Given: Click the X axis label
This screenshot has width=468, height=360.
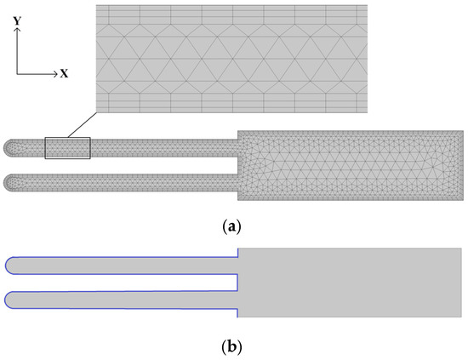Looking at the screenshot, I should click(64, 74).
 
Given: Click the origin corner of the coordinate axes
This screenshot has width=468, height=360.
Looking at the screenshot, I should click(17, 74).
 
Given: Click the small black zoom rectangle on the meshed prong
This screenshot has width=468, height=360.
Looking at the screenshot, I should click(67, 147).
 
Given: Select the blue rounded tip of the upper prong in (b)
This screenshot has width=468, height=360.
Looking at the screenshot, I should click(8, 265).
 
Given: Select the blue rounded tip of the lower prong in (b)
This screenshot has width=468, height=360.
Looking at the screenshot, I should click(8, 300).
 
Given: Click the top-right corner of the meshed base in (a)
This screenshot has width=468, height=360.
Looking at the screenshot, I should click(463, 131).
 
